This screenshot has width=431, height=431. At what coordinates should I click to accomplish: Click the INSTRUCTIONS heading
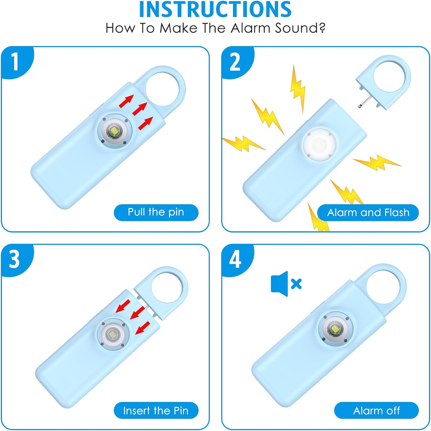[x=215, y=10]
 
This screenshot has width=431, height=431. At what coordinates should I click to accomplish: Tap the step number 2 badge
[x=235, y=62]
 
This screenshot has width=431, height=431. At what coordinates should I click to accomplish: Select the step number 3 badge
[x=14, y=259]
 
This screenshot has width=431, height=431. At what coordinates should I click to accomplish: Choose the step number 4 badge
[x=235, y=259]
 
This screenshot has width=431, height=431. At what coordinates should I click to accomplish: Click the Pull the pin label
[x=156, y=212]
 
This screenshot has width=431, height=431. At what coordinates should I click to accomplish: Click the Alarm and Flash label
[x=368, y=213]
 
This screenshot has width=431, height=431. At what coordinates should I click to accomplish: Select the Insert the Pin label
[x=156, y=411]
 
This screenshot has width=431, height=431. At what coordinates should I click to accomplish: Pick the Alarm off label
[x=376, y=411]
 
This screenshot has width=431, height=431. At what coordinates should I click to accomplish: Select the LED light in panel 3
[x=112, y=334]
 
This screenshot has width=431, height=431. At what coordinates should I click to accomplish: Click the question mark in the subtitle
[x=322, y=28]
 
